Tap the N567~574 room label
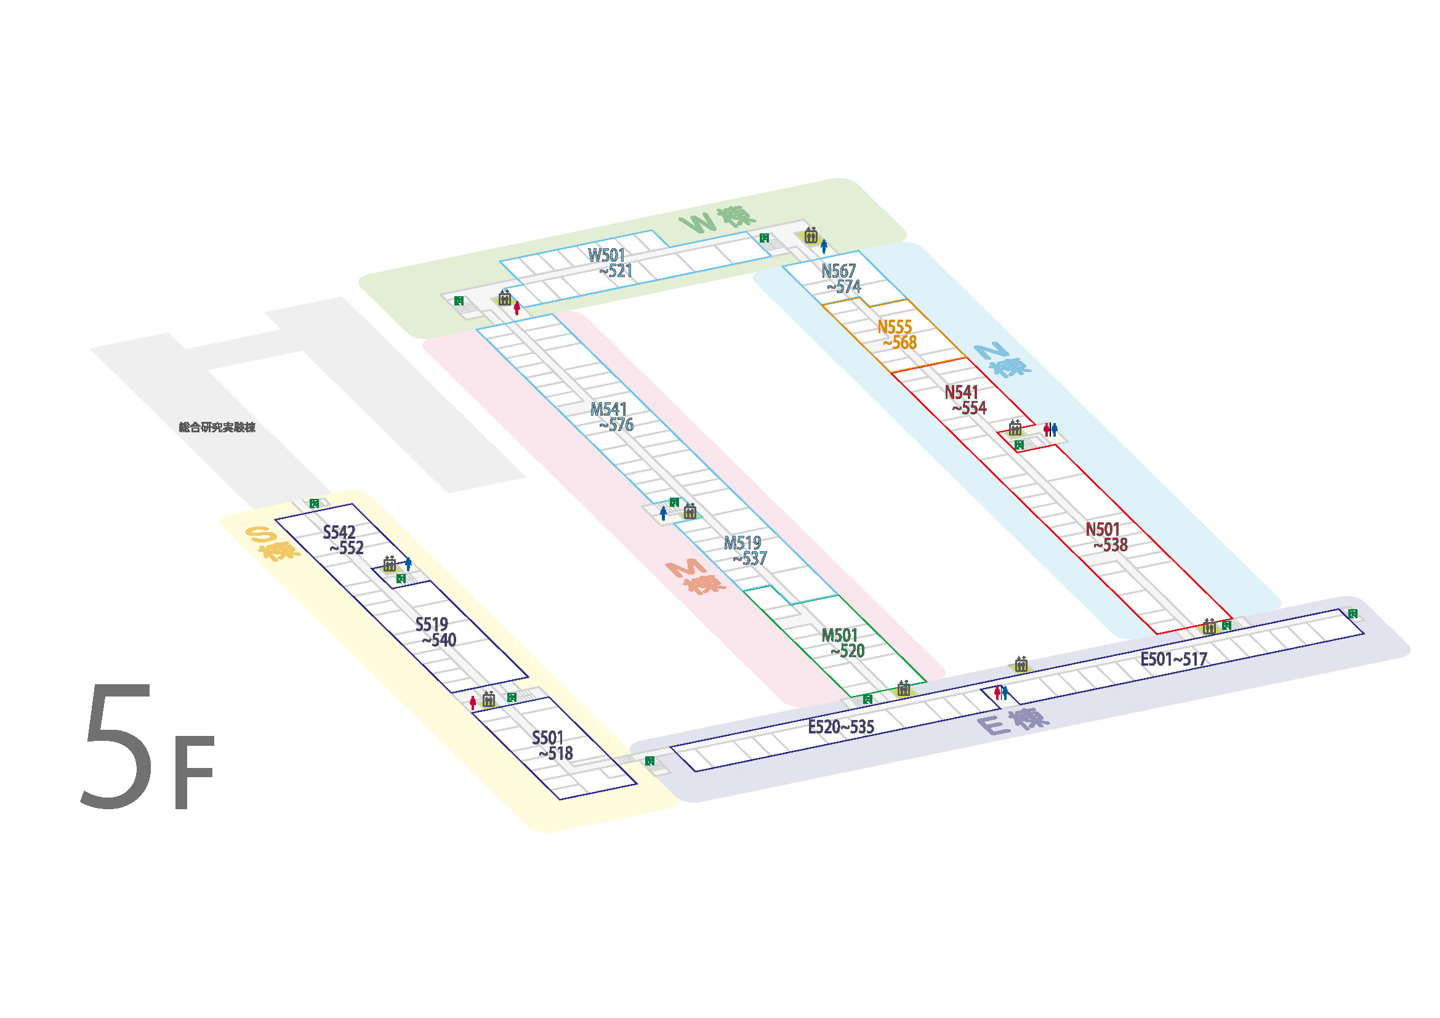point(841,279)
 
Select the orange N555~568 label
point(897,335)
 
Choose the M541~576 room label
point(611,417)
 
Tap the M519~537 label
point(745,551)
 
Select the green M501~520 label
point(843,643)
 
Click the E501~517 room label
point(1173,659)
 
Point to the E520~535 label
point(841,727)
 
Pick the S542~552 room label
point(343,540)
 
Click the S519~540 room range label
point(435,632)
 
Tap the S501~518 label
point(552,745)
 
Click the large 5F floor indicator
point(147,746)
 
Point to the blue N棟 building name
point(1001,361)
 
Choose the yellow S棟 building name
point(272,543)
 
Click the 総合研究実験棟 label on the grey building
point(217,428)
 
